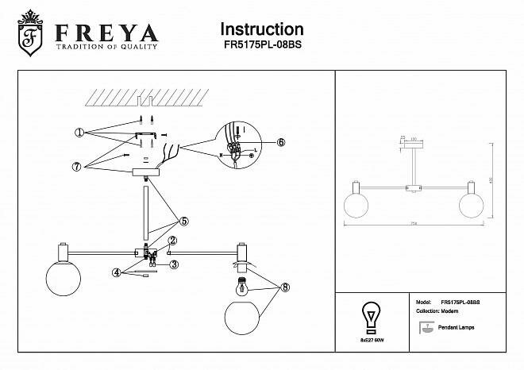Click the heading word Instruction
tap(261, 30)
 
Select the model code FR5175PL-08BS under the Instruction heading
tap(261, 46)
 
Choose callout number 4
tap(117, 272)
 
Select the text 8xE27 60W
tap(370, 338)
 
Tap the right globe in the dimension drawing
tap(472, 203)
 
